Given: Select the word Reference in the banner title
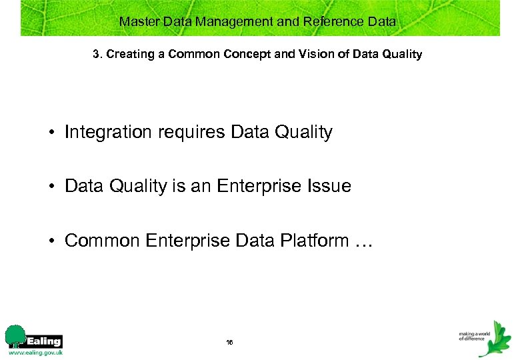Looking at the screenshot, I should click(x=332, y=21).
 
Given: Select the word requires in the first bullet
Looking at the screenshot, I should click(x=192, y=132).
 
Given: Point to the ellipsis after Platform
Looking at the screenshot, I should click(x=364, y=241).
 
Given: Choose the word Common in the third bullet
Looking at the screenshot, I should click(x=101, y=240).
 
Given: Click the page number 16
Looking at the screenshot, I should click(x=229, y=341).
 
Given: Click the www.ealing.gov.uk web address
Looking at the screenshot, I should click(x=36, y=352).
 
